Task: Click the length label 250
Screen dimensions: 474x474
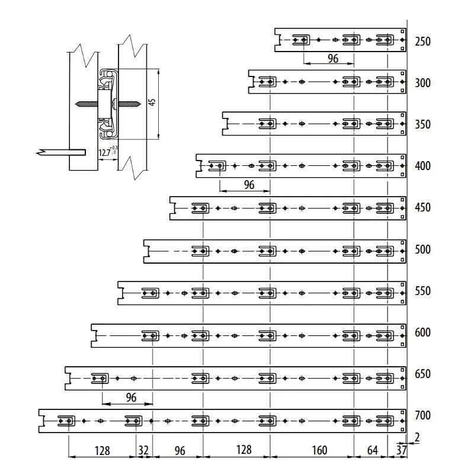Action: point(423,41)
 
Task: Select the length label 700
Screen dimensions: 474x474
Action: point(423,415)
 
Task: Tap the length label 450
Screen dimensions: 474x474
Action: point(423,208)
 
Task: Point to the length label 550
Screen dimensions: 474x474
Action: point(423,291)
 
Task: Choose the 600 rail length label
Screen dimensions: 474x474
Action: point(423,332)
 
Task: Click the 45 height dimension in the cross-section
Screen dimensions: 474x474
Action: point(152,103)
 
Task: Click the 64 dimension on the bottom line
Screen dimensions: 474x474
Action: point(372,450)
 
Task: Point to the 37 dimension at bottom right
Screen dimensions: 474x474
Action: point(401,451)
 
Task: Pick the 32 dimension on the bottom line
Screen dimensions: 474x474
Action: point(144,450)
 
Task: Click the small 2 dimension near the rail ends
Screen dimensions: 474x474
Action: point(418,437)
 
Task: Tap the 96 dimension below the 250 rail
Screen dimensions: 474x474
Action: point(333,58)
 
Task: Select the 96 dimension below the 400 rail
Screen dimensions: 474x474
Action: point(249,185)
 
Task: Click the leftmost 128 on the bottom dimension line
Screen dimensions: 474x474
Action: point(102,450)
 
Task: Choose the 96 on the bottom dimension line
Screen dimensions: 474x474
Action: point(180,450)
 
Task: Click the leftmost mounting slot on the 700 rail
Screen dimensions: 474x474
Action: point(66,421)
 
